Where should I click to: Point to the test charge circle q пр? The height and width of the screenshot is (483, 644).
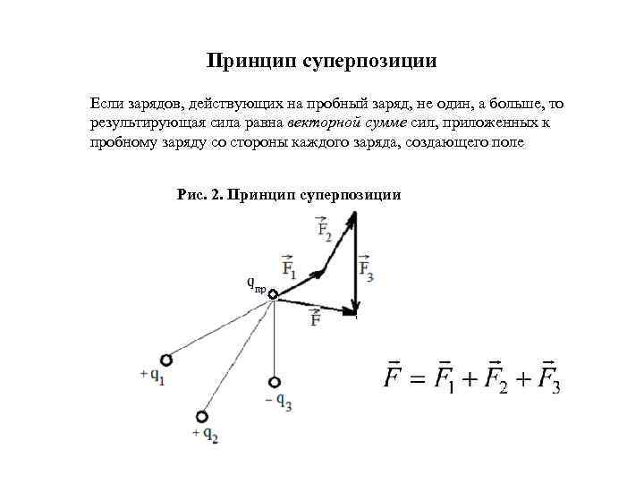273,294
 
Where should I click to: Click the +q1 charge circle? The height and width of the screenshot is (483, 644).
165,360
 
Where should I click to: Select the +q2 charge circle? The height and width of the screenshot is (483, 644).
202,416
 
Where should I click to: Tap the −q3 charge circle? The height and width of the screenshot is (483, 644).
274,380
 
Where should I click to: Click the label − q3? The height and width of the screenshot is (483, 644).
279,402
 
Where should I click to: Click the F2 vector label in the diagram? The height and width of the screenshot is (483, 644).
324,230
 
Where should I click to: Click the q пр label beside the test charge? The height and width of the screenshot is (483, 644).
256,284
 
